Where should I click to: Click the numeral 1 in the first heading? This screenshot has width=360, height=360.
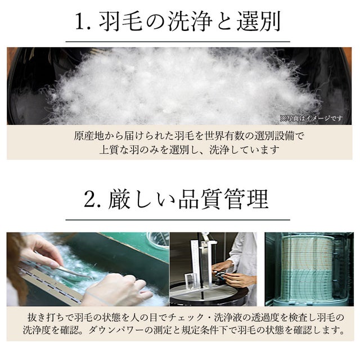pyautogui.click(x=81, y=21)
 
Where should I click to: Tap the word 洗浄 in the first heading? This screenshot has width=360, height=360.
pyautogui.click(x=190, y=21)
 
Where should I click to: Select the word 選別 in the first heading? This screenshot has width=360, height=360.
pyautogui.click(x=259, y=21)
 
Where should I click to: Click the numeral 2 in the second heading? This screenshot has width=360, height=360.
pyautogui.click(x=89, y=199)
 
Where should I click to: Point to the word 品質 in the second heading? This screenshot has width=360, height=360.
pyautogui.click(x=200, y=199)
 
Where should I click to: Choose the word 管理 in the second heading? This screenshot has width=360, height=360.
pyautogui.click(x=246, y=199)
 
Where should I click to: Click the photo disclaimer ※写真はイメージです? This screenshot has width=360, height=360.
pyautogui.click(x=311, y=119)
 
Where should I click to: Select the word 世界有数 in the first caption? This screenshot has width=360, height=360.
pyautogui.click(x=224, y=136)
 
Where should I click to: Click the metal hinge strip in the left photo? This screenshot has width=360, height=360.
pyautogui.click(x=51, y=282)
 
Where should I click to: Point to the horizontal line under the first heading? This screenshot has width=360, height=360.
pyautogui.click(x=178, y=42)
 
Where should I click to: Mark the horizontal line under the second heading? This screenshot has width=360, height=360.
pyautogui.click(x=178, y=220)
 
